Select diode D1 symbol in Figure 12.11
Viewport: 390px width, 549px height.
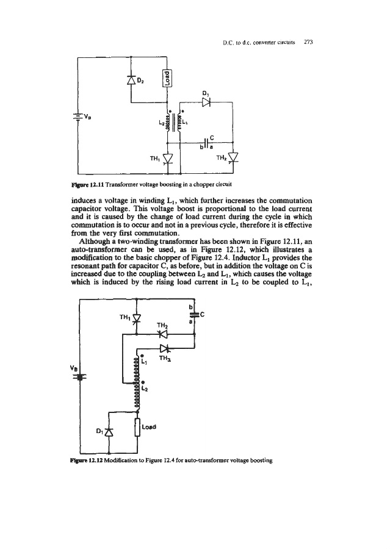point(206,102)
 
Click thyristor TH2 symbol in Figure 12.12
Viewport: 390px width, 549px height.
point(162,334)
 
